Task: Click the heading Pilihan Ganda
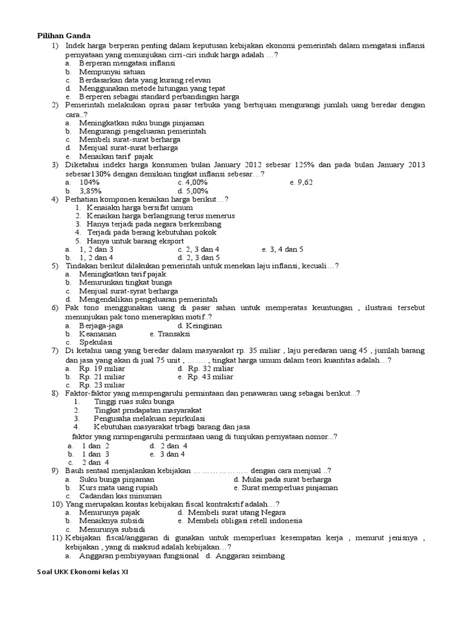64,36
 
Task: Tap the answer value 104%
89,182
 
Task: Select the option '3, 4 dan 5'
283,249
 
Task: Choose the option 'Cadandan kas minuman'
121,496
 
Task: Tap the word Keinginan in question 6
204,325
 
